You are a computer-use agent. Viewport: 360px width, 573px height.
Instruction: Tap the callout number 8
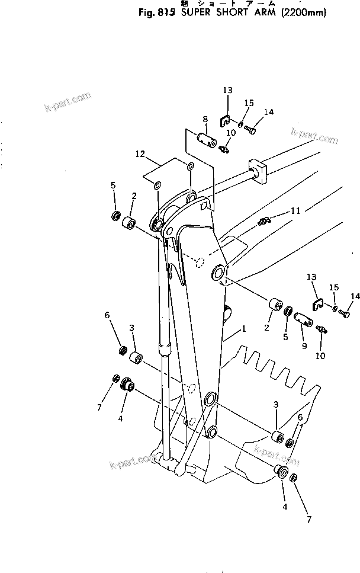pos(205,119)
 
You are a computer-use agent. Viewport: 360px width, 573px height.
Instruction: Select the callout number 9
pos(304,345)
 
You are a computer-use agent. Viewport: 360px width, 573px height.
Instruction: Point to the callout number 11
pos(294,211)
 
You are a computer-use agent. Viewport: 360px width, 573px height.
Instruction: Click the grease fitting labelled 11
pos(265,222)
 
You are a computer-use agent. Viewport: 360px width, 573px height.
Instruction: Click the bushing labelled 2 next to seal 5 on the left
pos(127,223)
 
